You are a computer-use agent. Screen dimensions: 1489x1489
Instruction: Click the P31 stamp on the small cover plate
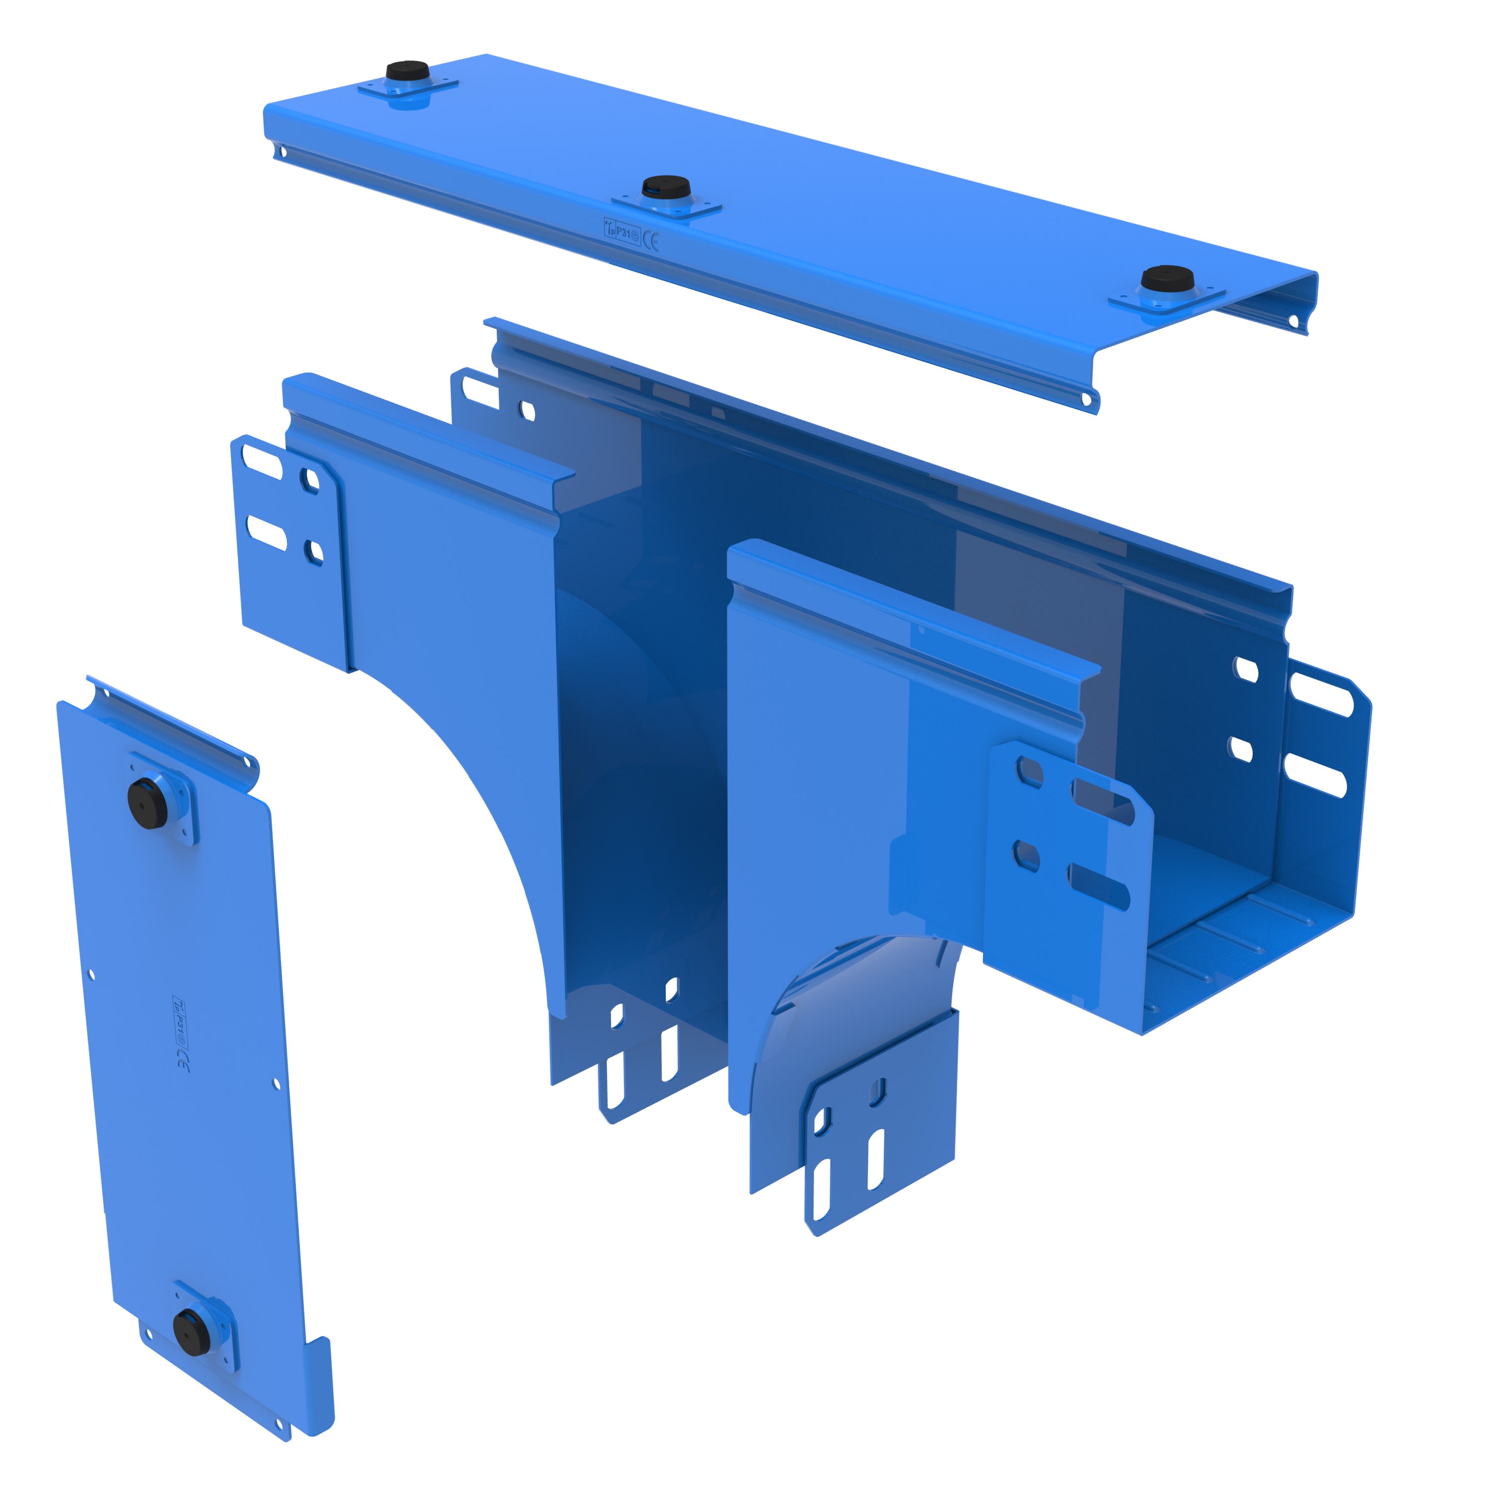pyautogui.click(x=179, y=1021)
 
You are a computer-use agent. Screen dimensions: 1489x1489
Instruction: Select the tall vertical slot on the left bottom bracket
pyautogui.click(x=615, y=1079)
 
